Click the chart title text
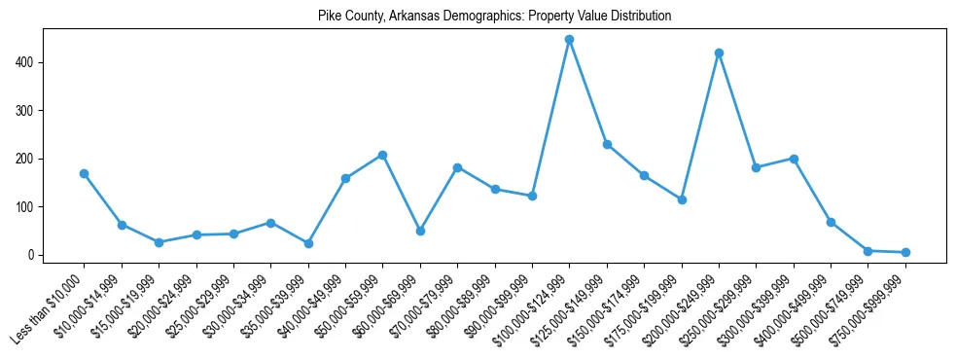pos(495,17)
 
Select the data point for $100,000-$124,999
pos(569,40)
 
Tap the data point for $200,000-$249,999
pos(719,53)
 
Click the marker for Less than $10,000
pos(84,174)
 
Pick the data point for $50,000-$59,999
pos(382,155)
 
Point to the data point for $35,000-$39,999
pos(308,244)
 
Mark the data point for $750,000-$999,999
pos(905,253)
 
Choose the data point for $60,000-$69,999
pos(420,232)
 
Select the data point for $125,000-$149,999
pos(607,144)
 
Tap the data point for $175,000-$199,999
pos(682,199)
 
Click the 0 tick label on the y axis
pos(32,255)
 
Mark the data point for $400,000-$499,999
pos(831,223)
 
